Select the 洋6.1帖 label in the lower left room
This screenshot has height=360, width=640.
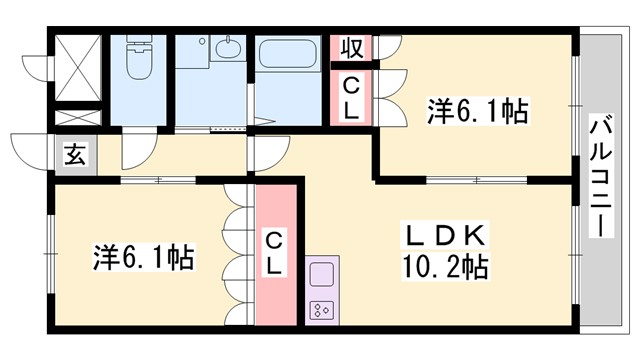point(144,258)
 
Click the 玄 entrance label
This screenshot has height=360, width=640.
point(74,156)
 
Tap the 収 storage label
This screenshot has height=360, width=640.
point(352,48)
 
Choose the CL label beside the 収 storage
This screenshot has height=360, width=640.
point(352,97)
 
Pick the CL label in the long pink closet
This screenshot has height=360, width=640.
point(275,253)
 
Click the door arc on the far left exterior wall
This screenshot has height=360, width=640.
point(38,66)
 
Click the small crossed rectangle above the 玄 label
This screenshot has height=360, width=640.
point(75,117)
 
